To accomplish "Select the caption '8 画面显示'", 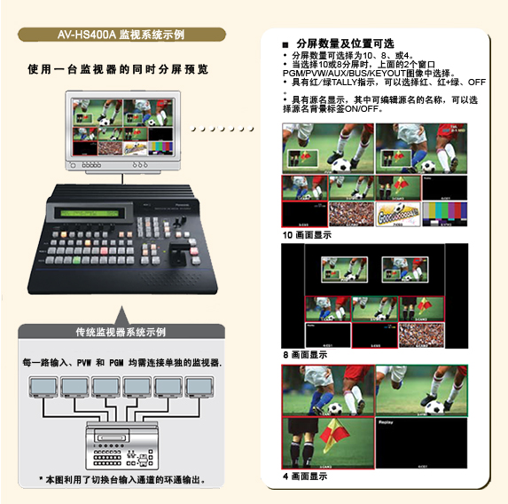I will coord(304,353).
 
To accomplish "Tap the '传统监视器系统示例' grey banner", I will coord(121,333).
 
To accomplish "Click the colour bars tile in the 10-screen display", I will coord(444,213).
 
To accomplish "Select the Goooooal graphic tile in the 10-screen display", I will coord(397,213).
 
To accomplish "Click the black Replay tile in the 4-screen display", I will coord(421,442).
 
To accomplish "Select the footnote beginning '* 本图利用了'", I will coord(121,480).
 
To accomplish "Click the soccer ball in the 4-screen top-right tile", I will coord(435,408).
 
